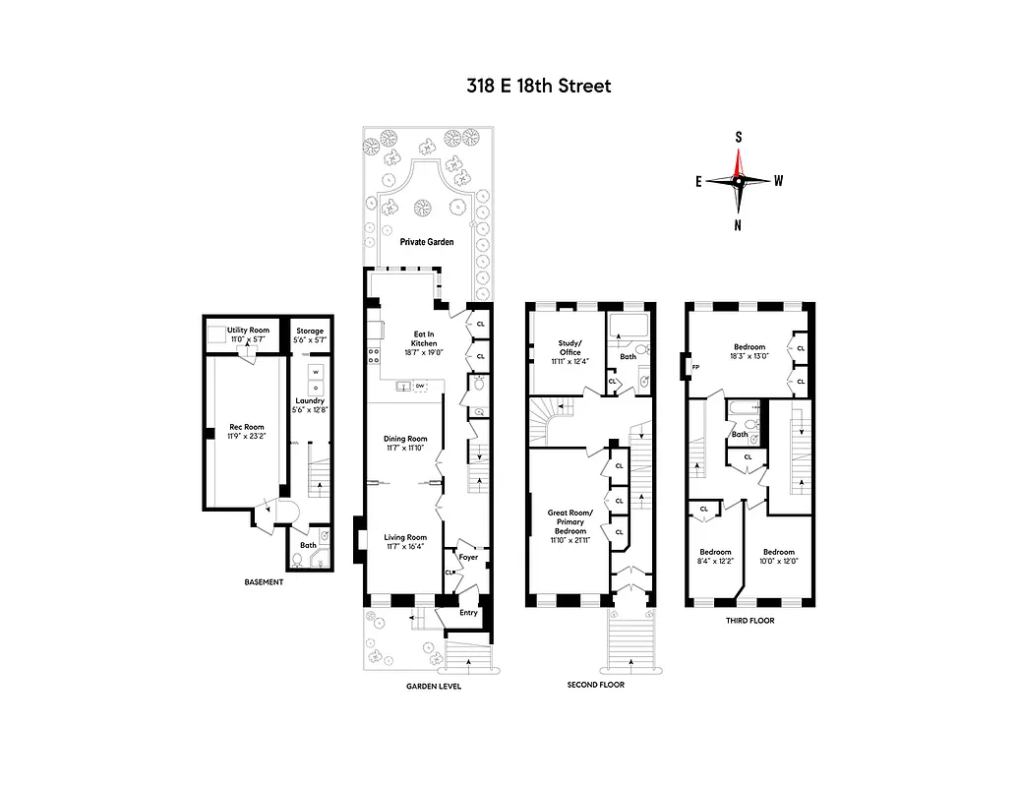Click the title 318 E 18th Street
pyautogui.click(x=538, y=86)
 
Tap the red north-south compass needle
pyautogui.click(x=738, y=157)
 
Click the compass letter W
pyautogui.click(x=779, y=180)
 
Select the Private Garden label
pyautogui.click(x=426, y=242)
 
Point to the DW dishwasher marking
pyautogui.click(x=419, y=386)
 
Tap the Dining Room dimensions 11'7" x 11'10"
pyautogui.click(x=404, y=449)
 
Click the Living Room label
pyautogui.click(x=404, y=537)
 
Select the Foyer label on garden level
pyautogui.click(x=468, y=557)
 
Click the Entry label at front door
pyautogui.click(x=468, y=612)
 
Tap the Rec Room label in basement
pyautogui.click(x=239, y=426)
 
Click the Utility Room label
pyautogui.click(x=248, y=330)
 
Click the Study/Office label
pyautogui.click(x=569, y=347)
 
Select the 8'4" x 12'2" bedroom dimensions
pyautogui.click(x=714, y=561)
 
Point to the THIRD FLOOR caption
pyautogui.click(x=749, y=621)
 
